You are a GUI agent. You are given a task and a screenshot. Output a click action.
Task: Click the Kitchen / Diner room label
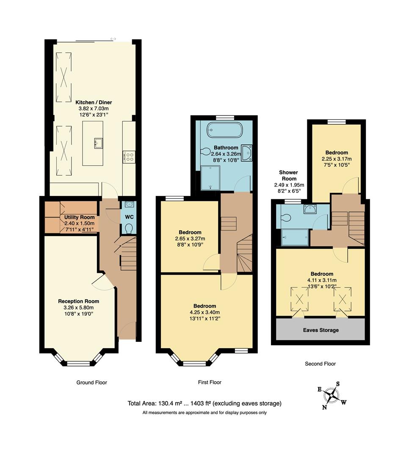(x=94, y=102)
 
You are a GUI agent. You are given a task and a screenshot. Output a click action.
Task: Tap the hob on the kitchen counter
(x=129, y=157)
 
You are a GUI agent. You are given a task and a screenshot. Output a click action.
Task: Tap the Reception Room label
(x=78, y=301)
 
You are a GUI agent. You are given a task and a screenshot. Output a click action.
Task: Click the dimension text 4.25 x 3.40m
(x=204, y=313)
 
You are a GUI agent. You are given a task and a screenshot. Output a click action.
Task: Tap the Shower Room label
(x=288, y=175)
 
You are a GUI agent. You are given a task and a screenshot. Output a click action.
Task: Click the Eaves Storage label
(x=320, y=330)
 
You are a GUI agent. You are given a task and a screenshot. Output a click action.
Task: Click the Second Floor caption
(x=320, y=363)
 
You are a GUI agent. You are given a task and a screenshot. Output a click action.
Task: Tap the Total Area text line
(x=204, y=404)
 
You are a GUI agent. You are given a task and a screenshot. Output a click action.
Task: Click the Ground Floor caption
(x=91, y=383)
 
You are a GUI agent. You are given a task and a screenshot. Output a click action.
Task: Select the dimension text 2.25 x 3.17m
(x=337, y=159)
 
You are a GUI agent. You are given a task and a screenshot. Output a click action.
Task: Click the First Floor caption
(x=210, y=382)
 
